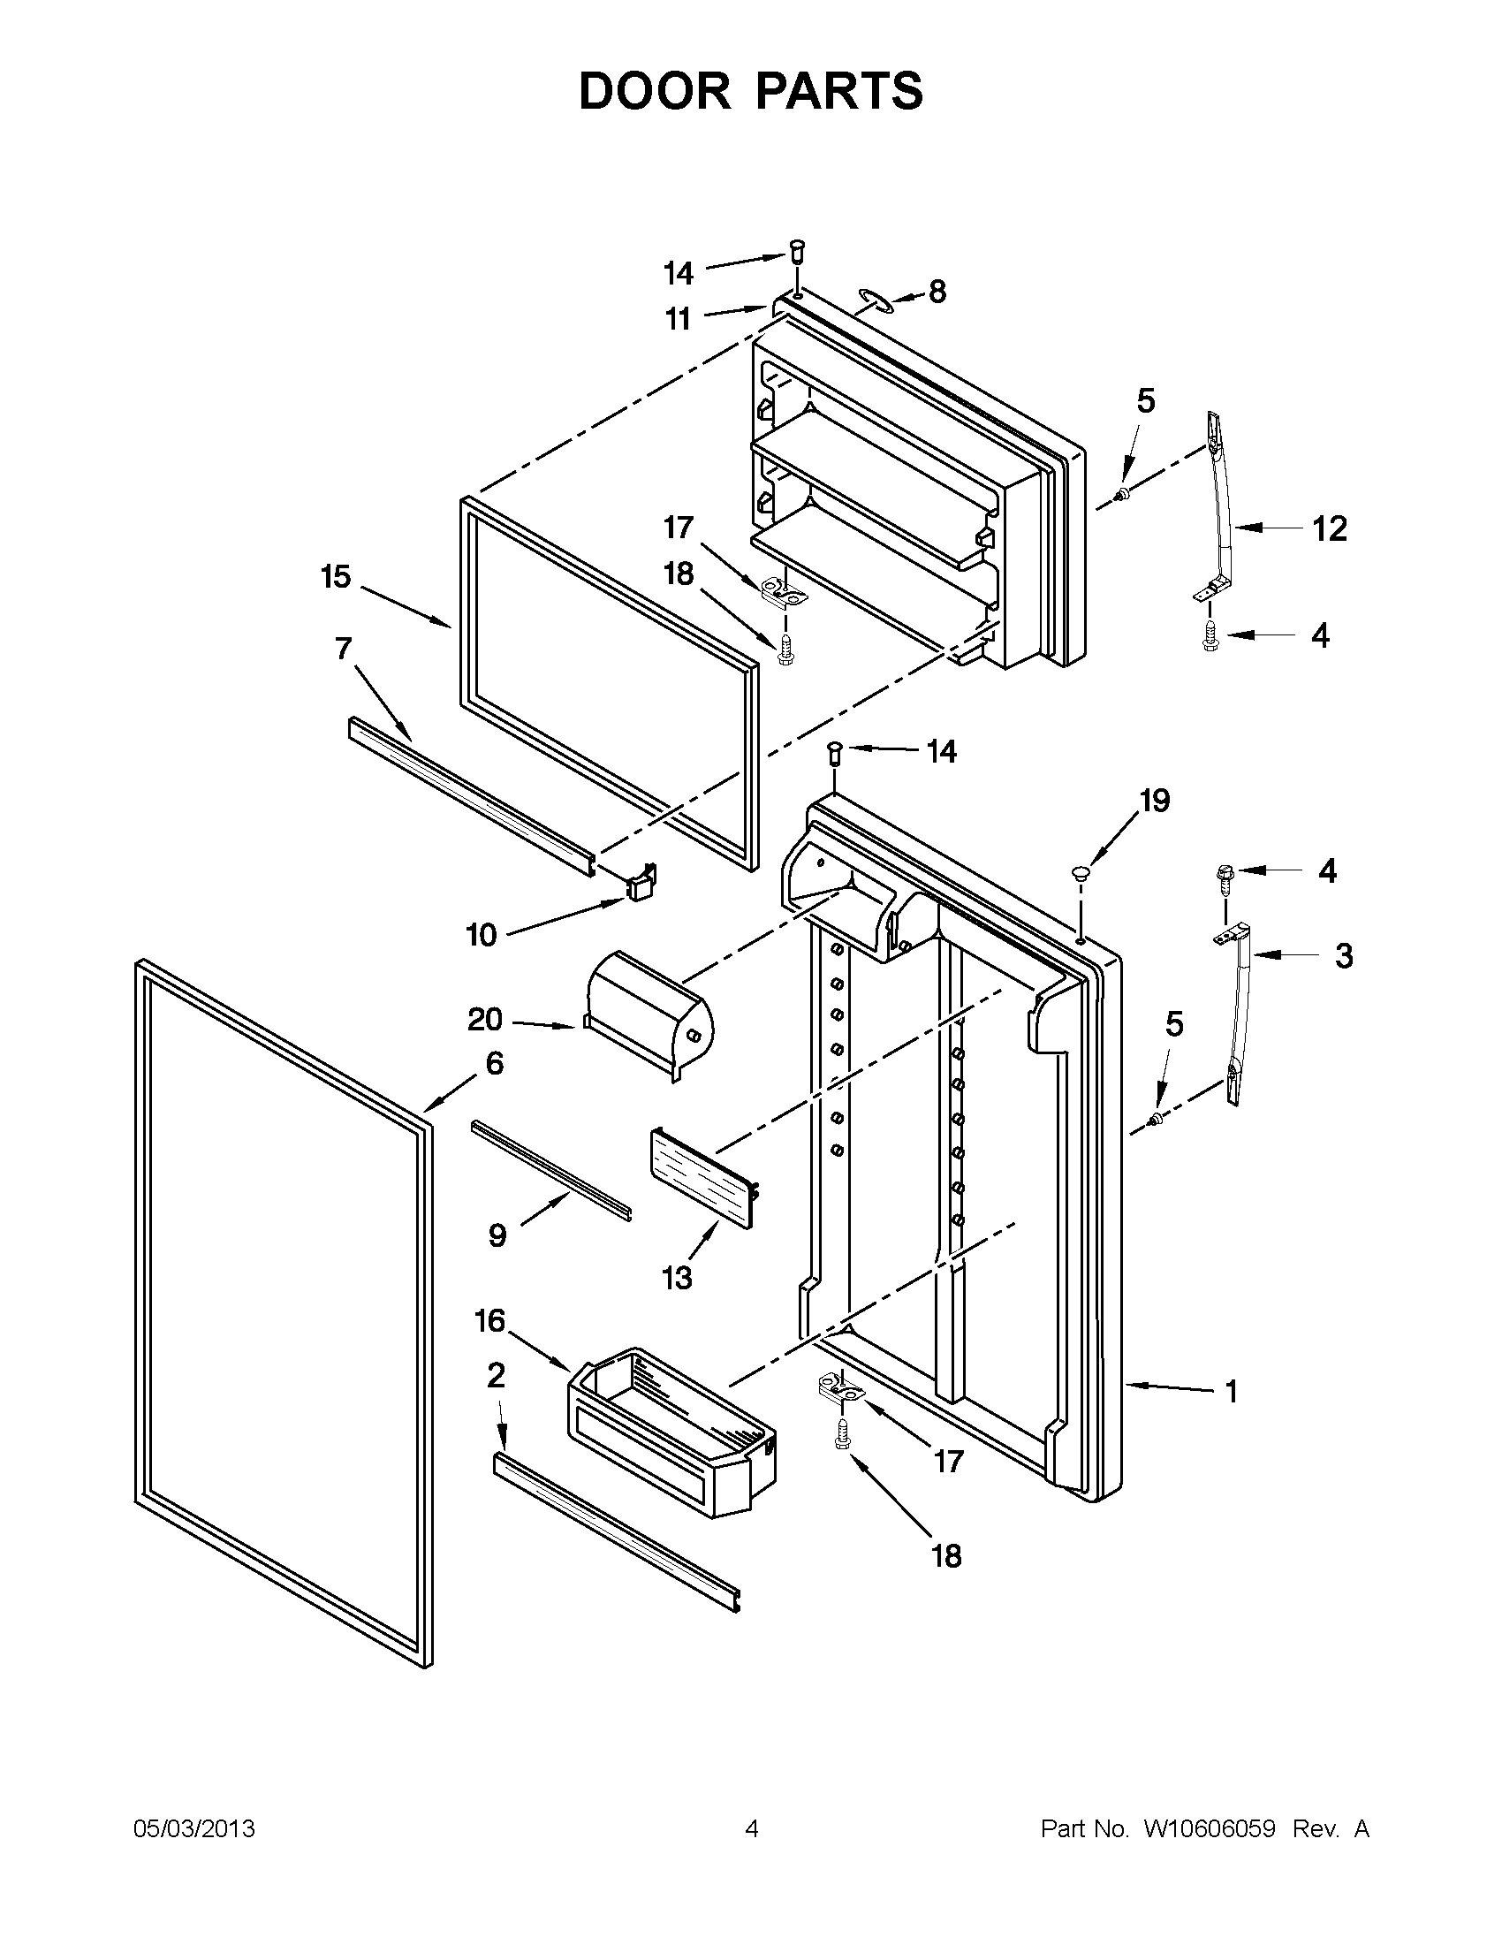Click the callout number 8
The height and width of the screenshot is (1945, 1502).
(x=937, y=292)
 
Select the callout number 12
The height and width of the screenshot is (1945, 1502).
(x=1330, y=529)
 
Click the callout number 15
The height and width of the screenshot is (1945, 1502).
(x=336, y=577)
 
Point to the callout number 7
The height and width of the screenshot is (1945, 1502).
(x=344, y=649)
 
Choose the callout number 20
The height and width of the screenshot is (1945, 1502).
(x=485, y=1019)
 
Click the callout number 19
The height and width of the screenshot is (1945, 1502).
(x=1155, y=801)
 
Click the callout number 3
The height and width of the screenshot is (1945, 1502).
(x=1344, y=955)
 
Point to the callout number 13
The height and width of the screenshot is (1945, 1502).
(x=677, y=1278)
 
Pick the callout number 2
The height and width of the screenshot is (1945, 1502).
(x=497, y=1376)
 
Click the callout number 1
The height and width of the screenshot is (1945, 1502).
(x=1233, y=1391)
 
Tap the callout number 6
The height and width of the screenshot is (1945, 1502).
(x=495, y=1063)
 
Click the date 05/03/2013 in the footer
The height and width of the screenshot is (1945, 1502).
(x=194, y=1829)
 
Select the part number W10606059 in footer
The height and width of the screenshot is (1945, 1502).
(x=1209, y=1829)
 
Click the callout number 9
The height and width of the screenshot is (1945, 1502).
(x=497, y=1235)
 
